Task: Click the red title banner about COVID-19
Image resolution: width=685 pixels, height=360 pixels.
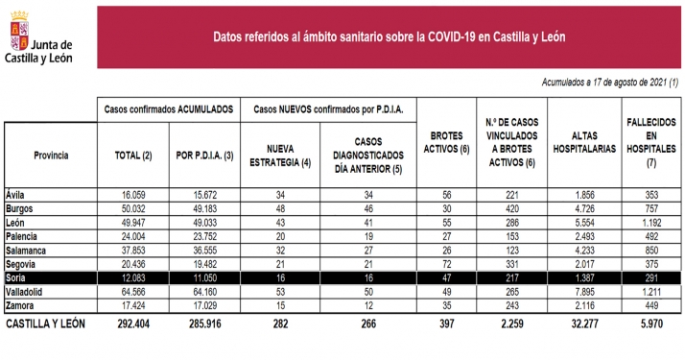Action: (x=389, y=37)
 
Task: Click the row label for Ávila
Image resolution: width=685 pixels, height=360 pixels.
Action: (x=16, y=192)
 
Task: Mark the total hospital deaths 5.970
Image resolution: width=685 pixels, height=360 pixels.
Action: (x=650, y=324)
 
